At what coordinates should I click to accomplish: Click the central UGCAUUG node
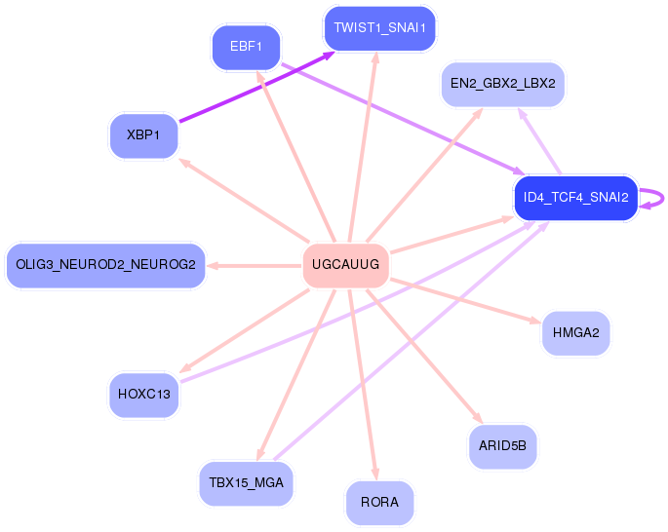[345, 265]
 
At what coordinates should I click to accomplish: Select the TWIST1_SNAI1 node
[380, 28]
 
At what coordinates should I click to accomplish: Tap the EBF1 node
[246, 47]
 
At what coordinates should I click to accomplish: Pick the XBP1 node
[143, 135]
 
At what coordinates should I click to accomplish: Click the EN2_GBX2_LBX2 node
[502, 84]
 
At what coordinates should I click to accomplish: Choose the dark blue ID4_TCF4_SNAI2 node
[576, 198]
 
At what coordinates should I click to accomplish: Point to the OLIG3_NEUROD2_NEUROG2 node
[105, 265]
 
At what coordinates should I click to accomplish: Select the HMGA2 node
[576, 333]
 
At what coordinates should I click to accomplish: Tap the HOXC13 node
[144, 395]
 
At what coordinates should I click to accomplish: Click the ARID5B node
[502, 446]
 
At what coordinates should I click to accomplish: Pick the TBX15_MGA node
[247, 483]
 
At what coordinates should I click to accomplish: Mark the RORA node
[379, 503]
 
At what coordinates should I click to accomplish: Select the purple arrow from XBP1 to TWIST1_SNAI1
[256, 87]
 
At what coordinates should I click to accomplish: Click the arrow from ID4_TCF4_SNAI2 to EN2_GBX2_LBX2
[539, 141]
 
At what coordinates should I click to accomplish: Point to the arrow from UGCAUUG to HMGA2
[465, 301]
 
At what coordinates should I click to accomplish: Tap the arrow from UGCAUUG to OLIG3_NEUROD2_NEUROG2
[254, 266]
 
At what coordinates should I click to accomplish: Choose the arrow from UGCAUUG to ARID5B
[425, 357]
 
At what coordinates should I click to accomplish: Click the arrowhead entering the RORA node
[374, 474]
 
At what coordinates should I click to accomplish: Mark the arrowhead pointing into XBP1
[184, 162]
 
